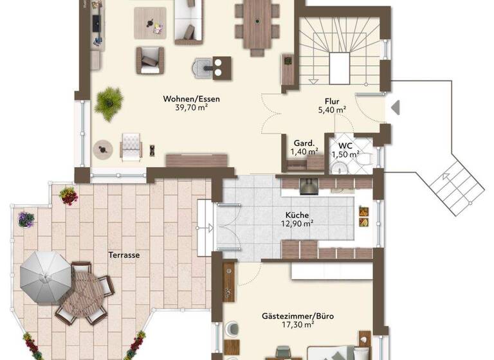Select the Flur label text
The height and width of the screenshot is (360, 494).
coord(332,101)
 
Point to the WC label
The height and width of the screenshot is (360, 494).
coord(345,145)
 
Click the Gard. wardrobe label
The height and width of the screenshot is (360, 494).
coord(304,143)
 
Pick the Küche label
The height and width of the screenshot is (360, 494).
coord(298,215)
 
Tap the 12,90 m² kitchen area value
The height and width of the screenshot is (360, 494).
coord(298,224)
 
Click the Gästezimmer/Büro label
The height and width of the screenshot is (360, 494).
coord(297,316)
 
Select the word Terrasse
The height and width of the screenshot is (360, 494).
coord(125,255)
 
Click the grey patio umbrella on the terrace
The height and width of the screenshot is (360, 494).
coord(41,276)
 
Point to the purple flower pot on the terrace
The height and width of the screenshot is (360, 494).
coord(26,219)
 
